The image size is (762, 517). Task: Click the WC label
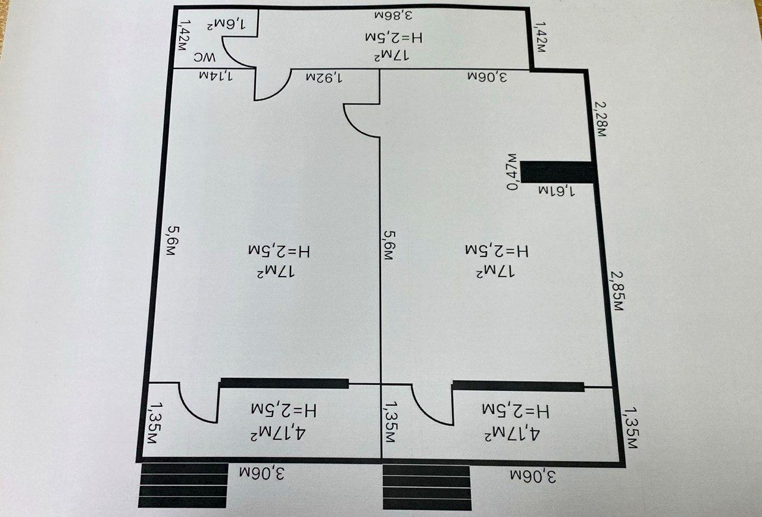205,58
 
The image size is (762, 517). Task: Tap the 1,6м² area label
226,25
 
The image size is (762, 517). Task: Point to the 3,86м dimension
394,15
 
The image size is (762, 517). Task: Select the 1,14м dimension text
216,76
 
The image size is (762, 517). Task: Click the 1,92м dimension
323,77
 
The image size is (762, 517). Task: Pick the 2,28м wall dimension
601,118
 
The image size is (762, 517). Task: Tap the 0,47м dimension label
513,172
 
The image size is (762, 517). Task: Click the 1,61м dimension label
557,191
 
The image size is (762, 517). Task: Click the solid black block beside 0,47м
558,172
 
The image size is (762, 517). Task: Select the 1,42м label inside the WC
185,35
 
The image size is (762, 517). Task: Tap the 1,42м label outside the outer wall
541,37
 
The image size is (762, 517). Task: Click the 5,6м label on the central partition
389,246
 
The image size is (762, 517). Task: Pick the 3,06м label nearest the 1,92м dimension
488,77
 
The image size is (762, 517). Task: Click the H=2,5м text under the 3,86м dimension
394,37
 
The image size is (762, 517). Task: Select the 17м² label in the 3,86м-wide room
391,55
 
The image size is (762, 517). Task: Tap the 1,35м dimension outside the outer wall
630,427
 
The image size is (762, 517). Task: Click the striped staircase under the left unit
183,485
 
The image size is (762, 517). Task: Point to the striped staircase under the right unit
427,487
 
